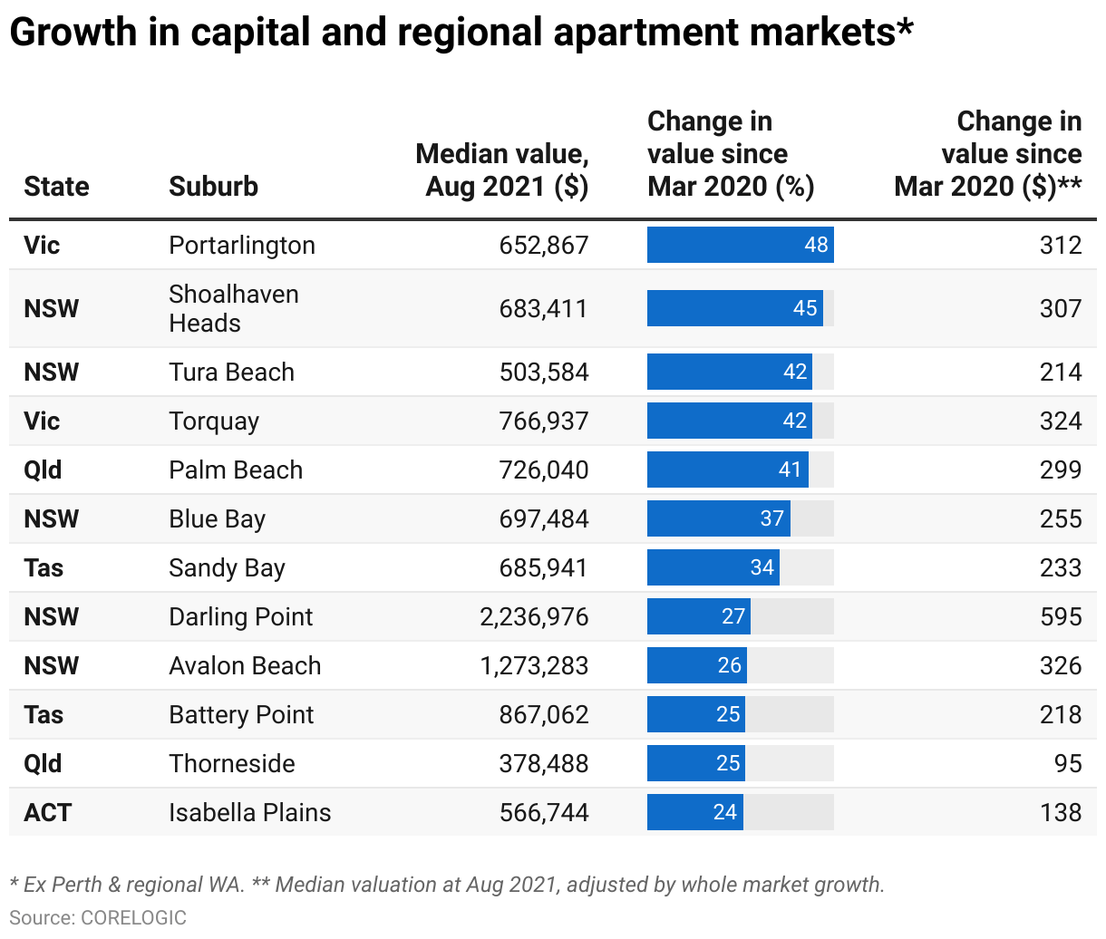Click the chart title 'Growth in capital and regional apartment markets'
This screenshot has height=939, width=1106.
tap(461, 33)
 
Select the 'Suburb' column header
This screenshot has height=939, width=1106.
tap(213, 187)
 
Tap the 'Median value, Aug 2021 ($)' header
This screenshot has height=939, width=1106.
tap(502, 170)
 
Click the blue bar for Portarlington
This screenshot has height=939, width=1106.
tap(740, 245)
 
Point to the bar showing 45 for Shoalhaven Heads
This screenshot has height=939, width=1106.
tap(734, 308)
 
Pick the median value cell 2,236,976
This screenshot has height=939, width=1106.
tap(534, 617)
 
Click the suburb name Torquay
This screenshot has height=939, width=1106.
tap(214, 421)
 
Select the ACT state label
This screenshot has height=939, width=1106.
tap(47, 813)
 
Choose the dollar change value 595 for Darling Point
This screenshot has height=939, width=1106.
tap(1061, 617)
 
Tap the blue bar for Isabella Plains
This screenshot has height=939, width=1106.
tap(694, 812)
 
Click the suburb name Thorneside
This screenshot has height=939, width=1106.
tap(232, 764)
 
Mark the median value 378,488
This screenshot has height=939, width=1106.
tap(544, 764)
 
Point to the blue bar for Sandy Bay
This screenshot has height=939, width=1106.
tap(713, 568)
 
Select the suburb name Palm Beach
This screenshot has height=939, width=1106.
tap(236, 470)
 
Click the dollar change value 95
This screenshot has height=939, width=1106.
tap(1068, 764)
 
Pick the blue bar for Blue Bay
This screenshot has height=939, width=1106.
tap(718, 519)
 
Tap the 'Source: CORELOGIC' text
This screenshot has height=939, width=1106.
tap(98, 917)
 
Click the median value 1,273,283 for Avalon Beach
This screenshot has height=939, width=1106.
tap(534, 666)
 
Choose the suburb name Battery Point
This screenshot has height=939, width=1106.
tap(241, 715)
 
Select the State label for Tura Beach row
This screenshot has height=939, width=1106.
tap(51, 373)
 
